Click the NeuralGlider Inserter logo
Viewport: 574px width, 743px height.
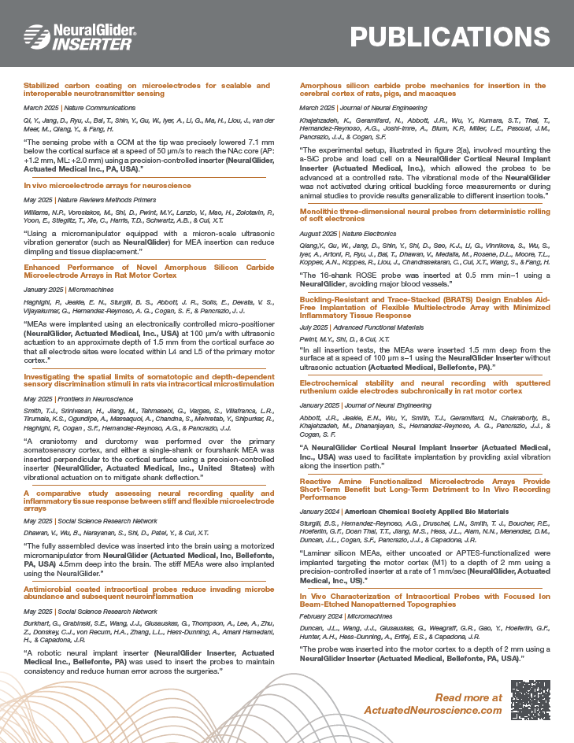point(80,35)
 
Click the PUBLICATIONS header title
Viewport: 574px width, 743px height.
point(450,36)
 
